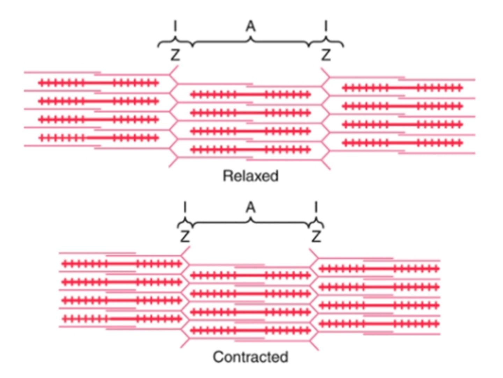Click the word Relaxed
[250, 176]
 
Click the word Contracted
[250, 357]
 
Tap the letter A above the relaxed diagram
[250, 26]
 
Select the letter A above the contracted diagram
[250, 208]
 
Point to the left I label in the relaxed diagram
[175, 26]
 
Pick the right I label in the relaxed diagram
[326, 26]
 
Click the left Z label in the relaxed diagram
[175, 55]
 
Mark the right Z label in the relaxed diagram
[326, 55]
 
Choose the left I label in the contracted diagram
[185, 208]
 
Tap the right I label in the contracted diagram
[316, 208]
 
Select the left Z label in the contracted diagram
[185, 237]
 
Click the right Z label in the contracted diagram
[316, 237]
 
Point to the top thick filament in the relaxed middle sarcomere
[250, 94]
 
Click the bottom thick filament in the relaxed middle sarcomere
[250, 150]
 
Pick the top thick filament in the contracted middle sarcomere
[250, 275]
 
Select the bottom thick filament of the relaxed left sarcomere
[99, 138]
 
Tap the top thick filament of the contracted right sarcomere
[379, 268]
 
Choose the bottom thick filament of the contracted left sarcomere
[122, 319]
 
